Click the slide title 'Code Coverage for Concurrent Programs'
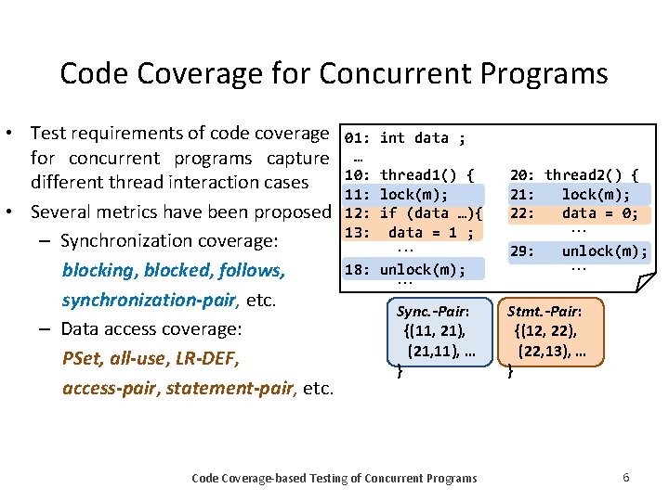point(334,73)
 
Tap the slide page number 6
point(626,477)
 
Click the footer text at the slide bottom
point(334,478)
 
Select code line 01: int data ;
point(405,138)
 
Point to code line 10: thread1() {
point(410,174)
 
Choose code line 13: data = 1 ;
point(409,233)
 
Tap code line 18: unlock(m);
point(405,270)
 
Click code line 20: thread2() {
point(574,174)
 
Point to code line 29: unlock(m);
point(579,250)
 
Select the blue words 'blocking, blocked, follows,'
point(173,271)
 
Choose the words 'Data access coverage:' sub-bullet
point(151,328)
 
